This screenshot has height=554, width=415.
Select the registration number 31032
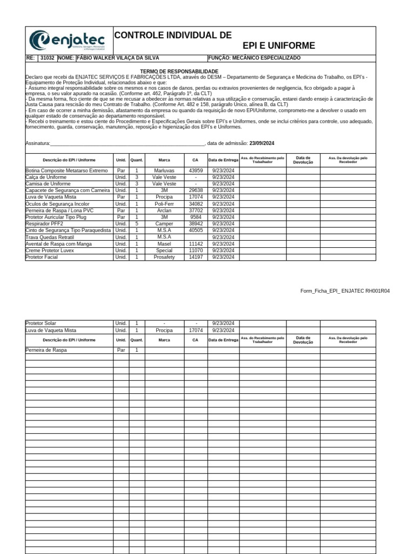(x=47, y=58)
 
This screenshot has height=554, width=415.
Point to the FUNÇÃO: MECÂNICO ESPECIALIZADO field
(x=254, y=58)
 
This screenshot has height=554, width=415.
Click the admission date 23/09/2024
(x=262, y=143)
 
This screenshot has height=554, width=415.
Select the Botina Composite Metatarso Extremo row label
(x=67, y=170)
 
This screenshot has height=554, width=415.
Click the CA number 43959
(x=195, y=170)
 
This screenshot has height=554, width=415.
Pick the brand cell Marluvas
(x=164, y=170)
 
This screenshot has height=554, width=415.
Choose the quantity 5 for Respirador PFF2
(x=137, y=223)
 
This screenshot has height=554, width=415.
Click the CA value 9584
(x=195, y=217)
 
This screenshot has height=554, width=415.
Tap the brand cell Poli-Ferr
(x=164, y=204)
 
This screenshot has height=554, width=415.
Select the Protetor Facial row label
(x=42, y=257)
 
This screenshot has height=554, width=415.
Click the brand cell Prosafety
(x=164, y=257)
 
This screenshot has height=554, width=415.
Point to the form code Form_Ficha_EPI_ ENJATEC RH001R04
(x=345, y=291)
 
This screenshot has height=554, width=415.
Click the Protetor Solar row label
(x=41, y=324)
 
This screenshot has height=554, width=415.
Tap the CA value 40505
(x=195, y=230)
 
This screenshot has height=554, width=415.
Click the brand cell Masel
(x=164, y=244)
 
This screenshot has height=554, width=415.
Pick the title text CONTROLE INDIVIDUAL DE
(x=173, y=35)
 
